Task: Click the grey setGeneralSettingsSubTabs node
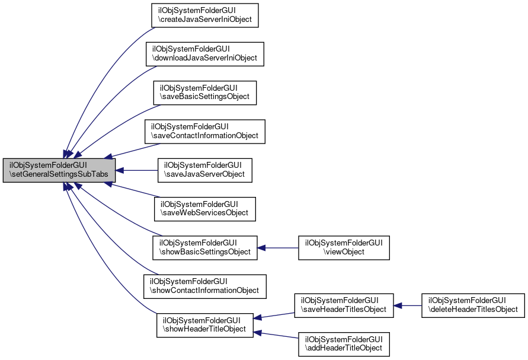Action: (x=59, y=170)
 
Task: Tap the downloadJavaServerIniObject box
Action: (x=205, y=54)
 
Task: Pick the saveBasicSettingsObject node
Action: (x=205, y=93)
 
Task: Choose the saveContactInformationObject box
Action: (x=205, y=131)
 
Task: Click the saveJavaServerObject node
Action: (x=205, y=170)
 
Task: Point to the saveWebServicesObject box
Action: (x=205, y=209)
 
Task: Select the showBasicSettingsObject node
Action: (x=205, y=247)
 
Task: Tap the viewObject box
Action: (x=344, y=247)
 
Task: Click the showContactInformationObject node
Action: (x=205, y=286)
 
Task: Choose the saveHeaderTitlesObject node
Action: (x=344, y=305)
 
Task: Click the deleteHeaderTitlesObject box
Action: (x=473, y=305)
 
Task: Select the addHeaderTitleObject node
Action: (x=344, y=344)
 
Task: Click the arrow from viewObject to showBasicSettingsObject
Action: (x=278, y=247)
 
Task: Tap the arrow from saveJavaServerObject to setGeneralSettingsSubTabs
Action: (x=136, y=170)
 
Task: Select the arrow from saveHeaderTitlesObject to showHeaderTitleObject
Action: (x=276, y=315)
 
